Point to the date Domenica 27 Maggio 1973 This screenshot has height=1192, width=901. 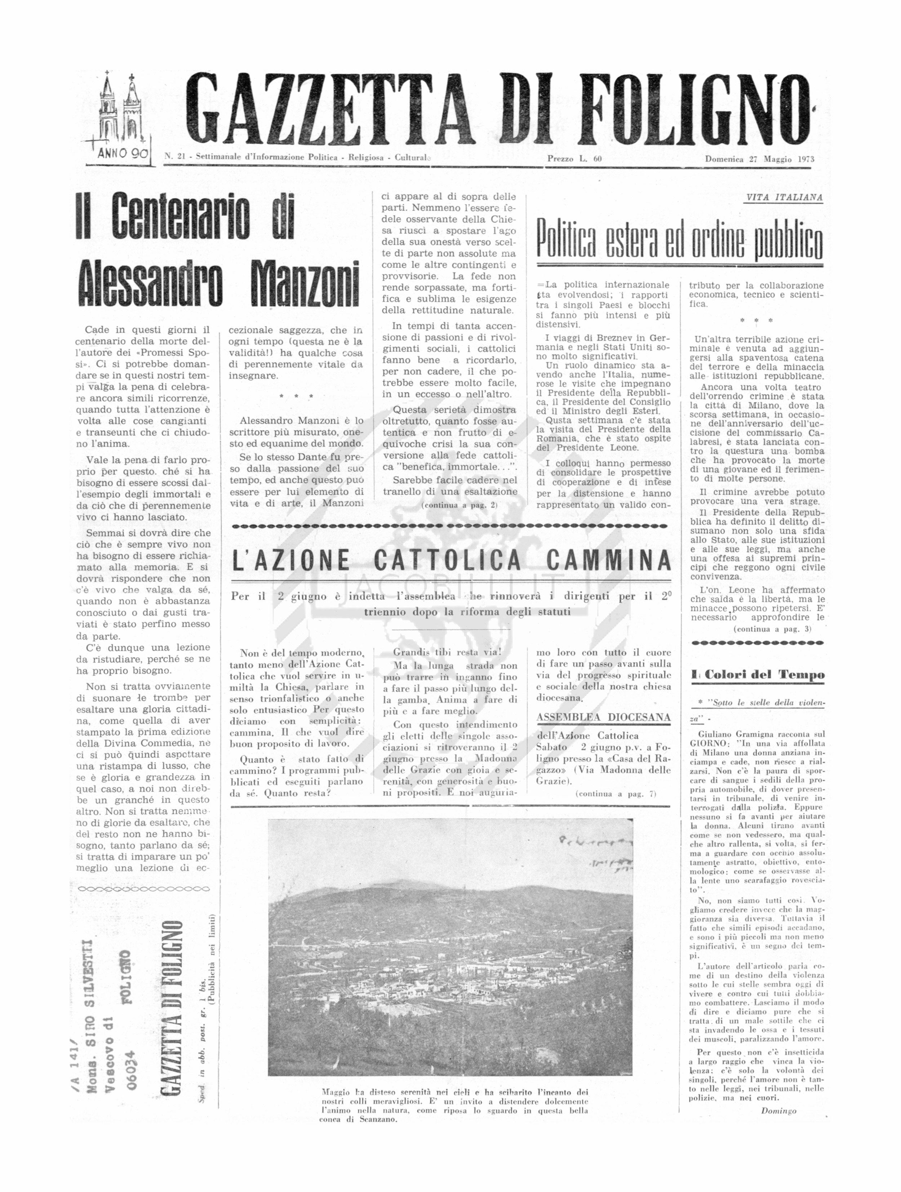tap(759, 159)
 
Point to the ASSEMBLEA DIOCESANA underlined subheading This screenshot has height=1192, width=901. tap(604, 717)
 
